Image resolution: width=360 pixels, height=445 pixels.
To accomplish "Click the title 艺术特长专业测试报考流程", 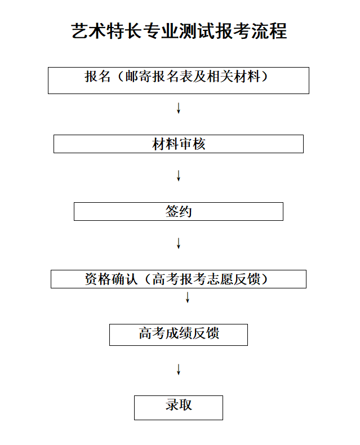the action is pos(179,30).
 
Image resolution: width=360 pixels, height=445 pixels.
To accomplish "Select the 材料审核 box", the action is pos(179,144).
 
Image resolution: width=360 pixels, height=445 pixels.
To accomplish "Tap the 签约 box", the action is pos(179,211).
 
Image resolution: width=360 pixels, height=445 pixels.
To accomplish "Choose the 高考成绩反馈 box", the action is pos(179,335).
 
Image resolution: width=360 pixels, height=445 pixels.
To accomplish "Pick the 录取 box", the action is pos(179,408).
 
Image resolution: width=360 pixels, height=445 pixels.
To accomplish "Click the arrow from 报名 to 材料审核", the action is pos(179,108).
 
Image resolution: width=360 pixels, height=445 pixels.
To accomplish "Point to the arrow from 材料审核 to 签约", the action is pos(179,176).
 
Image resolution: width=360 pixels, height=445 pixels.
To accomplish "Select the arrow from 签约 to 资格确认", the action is pos(179,243).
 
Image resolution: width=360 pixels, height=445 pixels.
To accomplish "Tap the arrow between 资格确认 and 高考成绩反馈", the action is pos(188,297).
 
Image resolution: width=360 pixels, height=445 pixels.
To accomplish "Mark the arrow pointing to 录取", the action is pos(179,369).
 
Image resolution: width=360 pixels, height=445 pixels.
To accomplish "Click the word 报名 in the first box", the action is pos(97,77).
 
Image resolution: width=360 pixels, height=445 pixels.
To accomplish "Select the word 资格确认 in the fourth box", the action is pos(111,279).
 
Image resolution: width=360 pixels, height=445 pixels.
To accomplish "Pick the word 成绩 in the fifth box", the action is pos(179,333).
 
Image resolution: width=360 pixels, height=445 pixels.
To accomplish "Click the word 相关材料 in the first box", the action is pos(234,77).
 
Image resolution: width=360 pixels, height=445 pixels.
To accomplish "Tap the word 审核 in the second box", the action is pos(192,144).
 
